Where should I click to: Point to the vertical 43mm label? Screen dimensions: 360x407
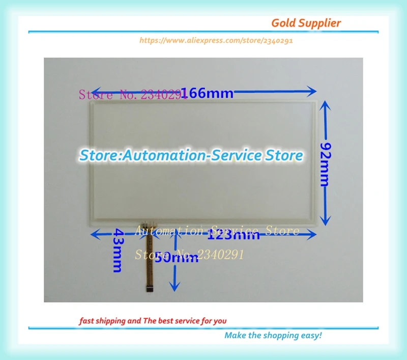tap(117, 251)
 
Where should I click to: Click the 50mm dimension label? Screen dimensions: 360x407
tap(176, 258)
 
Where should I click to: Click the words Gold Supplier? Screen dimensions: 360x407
tap(306, 23)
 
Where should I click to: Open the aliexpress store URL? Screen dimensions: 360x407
tap(216, 40)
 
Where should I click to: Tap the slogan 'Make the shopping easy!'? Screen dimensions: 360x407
tap(273, 335)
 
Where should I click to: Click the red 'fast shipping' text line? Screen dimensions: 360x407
tap(153, 321)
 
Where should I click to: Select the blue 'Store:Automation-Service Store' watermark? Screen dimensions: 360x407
tap(191, 155)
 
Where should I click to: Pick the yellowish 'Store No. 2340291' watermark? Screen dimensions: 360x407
tap(189, 254)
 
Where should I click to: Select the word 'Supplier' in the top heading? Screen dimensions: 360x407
tap(321, 23)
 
